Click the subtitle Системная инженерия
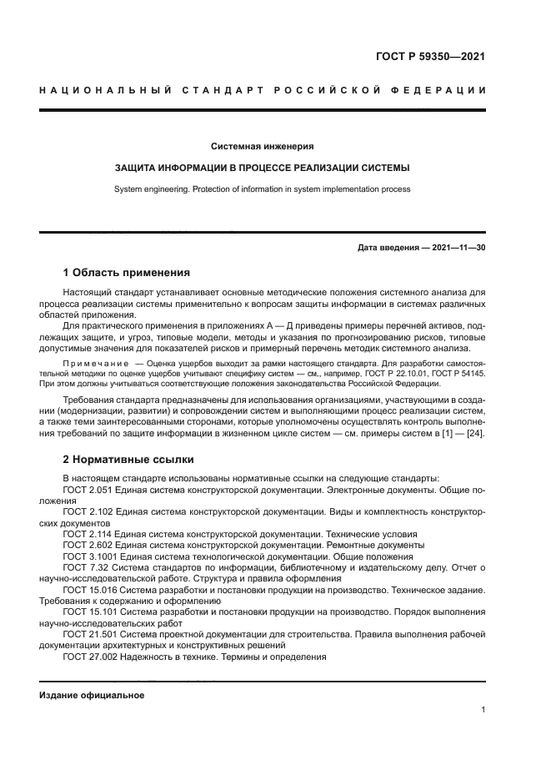point(262,146)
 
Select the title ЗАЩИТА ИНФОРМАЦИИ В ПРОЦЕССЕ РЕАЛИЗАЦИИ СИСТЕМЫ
point(262,168)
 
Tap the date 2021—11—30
point(458,249)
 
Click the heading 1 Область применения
point(127,273)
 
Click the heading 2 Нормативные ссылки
point(128,460)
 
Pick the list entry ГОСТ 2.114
point(85,533)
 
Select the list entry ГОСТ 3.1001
point(88,556)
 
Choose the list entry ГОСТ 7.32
point(83,566)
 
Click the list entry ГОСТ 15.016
point(88,589)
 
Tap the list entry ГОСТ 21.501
point(88,633)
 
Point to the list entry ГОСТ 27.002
point(88,656)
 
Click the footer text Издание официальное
point(92,695)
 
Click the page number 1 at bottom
point(483,710)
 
